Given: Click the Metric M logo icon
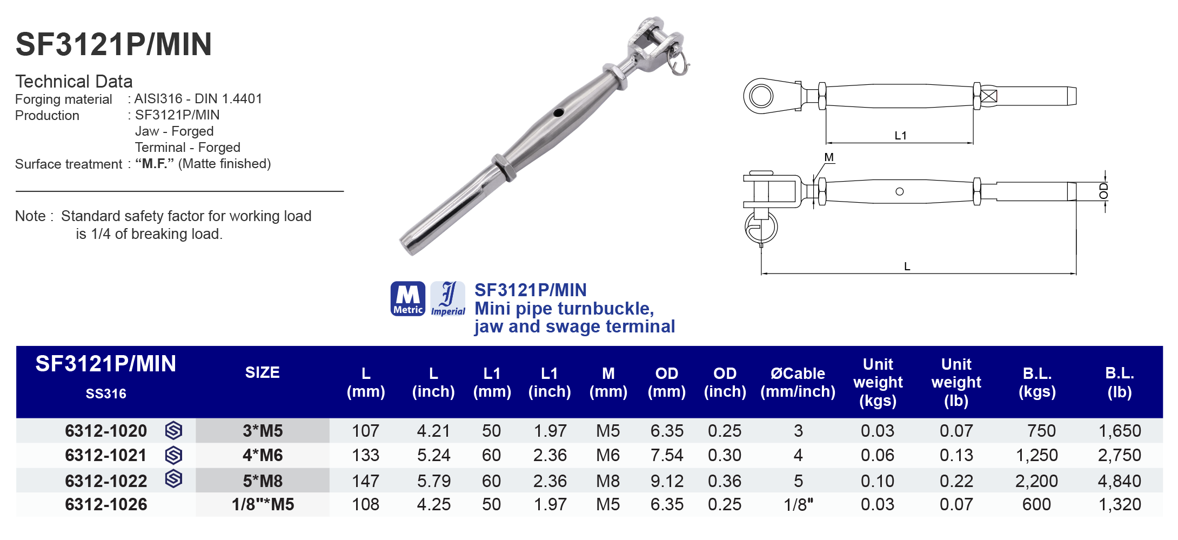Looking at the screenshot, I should pos(407,298).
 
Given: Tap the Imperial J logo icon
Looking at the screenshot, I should pos(448,298).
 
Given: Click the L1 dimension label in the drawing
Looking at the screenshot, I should pos(900,136).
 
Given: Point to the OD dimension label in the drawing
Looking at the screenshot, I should pos(1103,191).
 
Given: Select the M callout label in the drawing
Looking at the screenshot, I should pos(829,157).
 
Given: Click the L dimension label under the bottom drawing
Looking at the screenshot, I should pos(907,266).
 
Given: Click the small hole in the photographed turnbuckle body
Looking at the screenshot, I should pos(558,113).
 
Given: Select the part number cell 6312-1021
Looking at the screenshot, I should pos(106,455).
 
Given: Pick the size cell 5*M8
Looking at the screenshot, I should pos(263,481).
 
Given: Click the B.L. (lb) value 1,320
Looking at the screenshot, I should pos(1119,504).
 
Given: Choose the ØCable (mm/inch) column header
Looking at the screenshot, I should pos(798,382).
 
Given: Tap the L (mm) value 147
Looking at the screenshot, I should pos(365,481).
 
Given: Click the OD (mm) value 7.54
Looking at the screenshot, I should pos(666,455).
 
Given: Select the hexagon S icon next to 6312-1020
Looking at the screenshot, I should pos(173,430).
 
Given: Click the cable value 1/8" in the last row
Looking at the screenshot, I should pos(798,504).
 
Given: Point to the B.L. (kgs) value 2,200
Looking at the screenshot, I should pos(1036,481).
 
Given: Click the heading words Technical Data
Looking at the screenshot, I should pos(74,81).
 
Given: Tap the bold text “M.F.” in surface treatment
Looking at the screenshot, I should pos(154,164).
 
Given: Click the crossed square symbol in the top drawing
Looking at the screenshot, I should pos(989,96).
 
